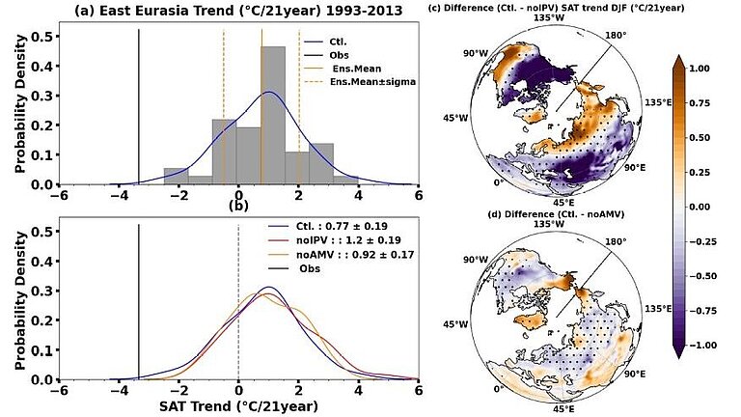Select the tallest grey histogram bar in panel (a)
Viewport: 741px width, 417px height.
point(274,115)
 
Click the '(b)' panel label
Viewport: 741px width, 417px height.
point(238,205)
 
